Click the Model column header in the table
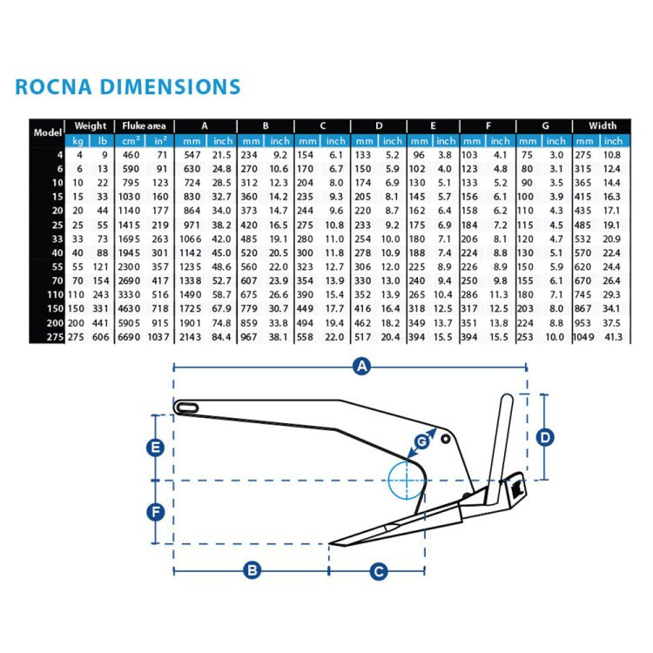(x=45, y=132)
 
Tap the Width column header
(x=602, y=125)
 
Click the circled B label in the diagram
(x=252, y=571)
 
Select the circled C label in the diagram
(x=378, y=571)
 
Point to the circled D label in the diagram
(x=545, y=437)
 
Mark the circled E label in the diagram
(x=154, y=448)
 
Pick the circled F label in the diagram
(x=154, y=511)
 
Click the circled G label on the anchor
(x=421, y=442)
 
